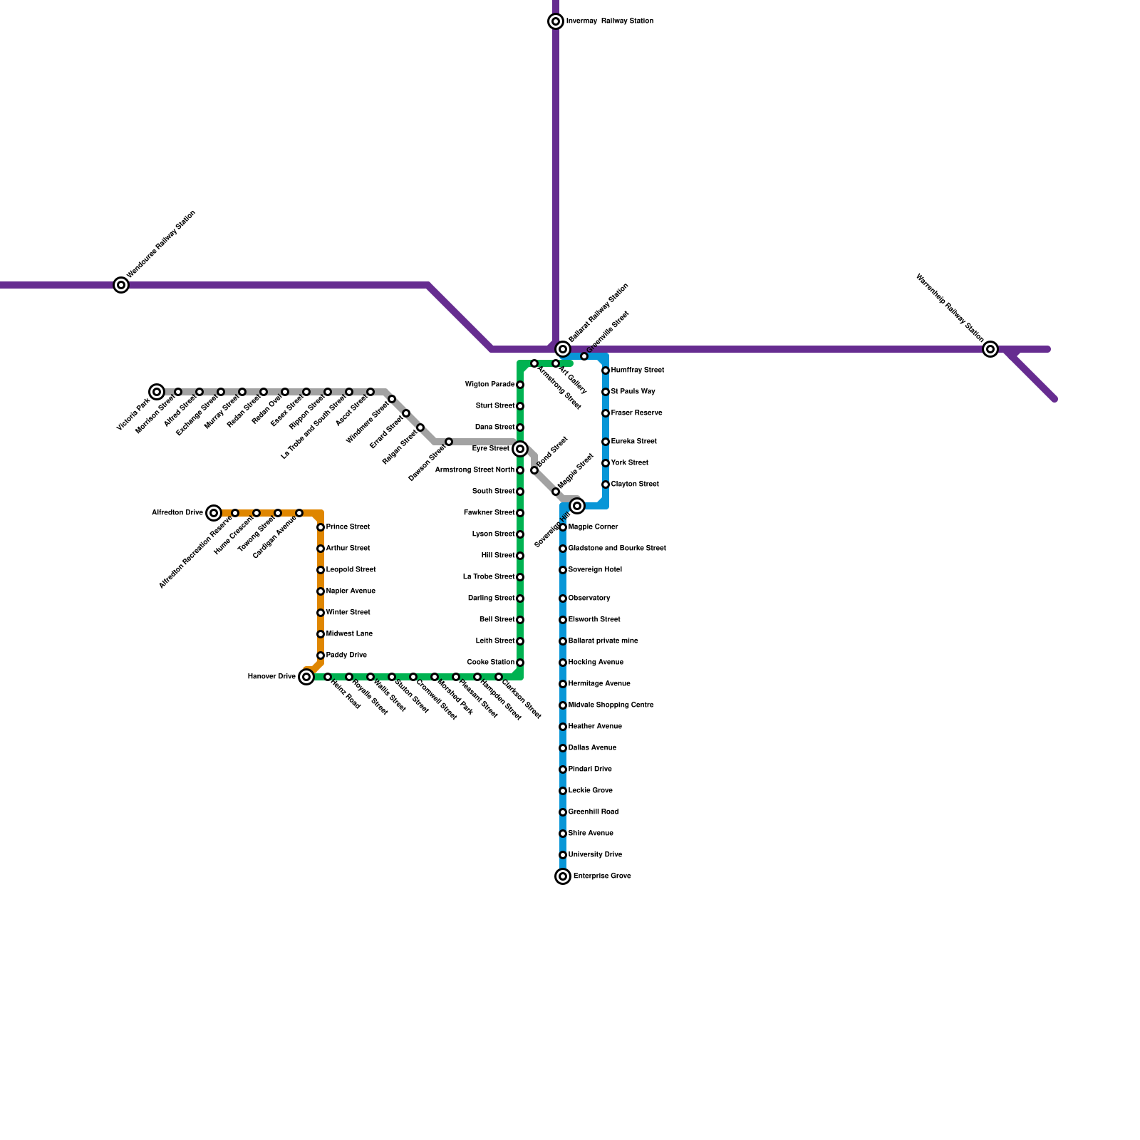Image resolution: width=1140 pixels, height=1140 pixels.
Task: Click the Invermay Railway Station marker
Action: [x=556, y=21]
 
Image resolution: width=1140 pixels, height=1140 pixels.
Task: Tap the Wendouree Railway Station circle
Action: [x=121, y=285]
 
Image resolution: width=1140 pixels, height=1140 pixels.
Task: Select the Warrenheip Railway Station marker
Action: [x=990, y=349]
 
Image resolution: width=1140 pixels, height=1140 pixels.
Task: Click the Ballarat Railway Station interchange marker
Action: [x=563, y=349]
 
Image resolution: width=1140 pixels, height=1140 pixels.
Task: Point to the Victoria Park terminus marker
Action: [x=157, y=392]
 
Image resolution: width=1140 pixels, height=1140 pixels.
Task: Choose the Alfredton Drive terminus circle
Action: [x=214, y=513]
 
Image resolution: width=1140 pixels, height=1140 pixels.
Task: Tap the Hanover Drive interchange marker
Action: [x=306, y=677]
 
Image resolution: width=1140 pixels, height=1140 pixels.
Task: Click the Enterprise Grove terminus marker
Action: [x=563, y=876]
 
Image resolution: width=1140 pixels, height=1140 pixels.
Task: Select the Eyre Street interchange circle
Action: [x=520, y=449]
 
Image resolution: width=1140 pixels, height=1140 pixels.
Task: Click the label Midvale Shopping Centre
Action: [x=611, y=705]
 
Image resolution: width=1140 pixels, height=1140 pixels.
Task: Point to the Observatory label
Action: [x=589, y=598]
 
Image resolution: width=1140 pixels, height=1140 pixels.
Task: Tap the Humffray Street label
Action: [x=638, y=370]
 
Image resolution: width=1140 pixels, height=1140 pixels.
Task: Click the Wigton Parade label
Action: [x=489, y=385]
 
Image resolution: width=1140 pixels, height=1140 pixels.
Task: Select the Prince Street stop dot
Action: [x=321, y=527]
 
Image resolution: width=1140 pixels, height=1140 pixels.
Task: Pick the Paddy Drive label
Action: [x=346, y=655]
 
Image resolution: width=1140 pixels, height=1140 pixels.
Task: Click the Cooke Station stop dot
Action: [x=520, y=663]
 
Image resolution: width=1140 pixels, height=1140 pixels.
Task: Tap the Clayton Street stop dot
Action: [x=606, y=484]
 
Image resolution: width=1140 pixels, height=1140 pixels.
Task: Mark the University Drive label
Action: [x=595, y=855]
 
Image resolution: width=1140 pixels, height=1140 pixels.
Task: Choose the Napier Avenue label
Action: [x=351, y=591]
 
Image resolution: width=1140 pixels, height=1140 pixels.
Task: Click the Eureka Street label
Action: [x=634, y=442]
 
